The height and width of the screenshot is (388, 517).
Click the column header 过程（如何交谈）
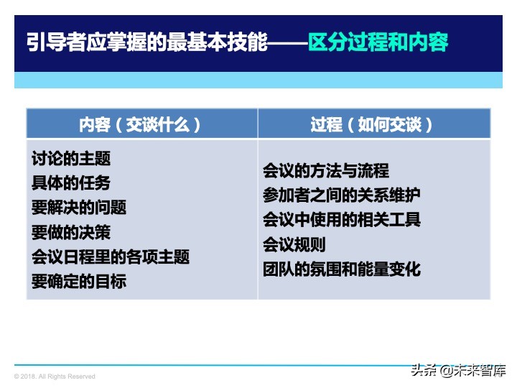click(x=373, y=124)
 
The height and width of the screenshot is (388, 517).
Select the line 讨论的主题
click(x=71, y=158)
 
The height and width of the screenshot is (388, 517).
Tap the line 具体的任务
click(x=71, y=183)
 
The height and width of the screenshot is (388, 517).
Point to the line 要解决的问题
click(x=79, y=208)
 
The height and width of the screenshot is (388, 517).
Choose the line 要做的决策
click(x=71, y=232)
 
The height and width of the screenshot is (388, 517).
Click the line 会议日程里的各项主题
click(x=111, y=257)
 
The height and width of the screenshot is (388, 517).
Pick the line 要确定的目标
click(x=79, y=282)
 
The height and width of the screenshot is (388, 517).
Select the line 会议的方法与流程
click(x=326, y=171)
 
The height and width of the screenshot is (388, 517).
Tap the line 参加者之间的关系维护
click(x=342, y=195)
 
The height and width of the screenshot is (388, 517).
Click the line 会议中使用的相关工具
click(x=342, y=220)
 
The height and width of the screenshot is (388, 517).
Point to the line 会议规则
click(x=294, y=245)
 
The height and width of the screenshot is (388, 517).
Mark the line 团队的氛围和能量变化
click(x=342, y=269)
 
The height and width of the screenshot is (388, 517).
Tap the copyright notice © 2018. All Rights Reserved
click(x=55, y=377)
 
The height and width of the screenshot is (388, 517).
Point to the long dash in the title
click(x=286, y=42)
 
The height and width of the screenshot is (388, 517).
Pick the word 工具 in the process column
click(x=405, y=220)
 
